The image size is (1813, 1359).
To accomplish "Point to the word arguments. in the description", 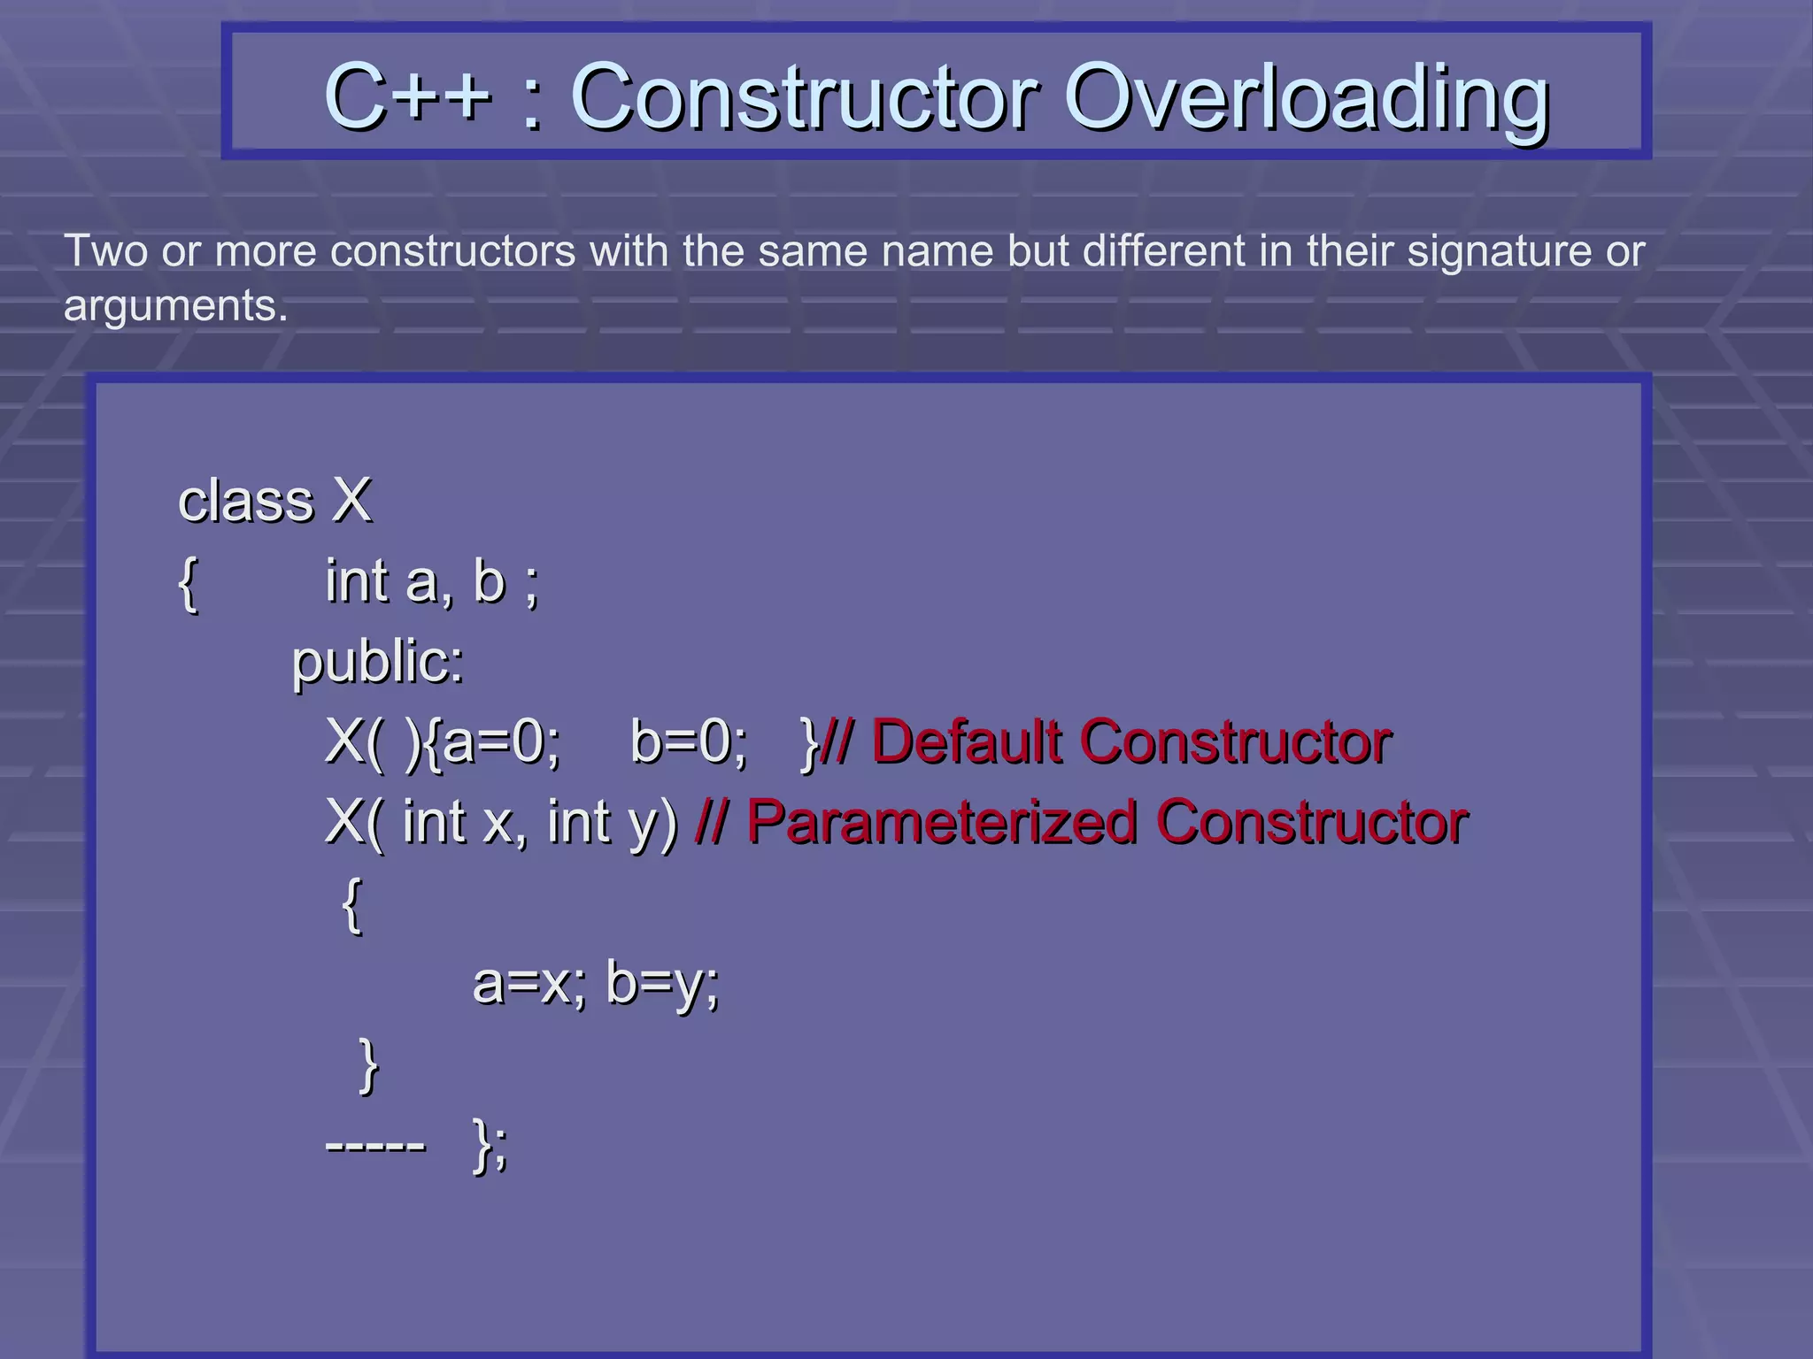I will [x=175, y=306].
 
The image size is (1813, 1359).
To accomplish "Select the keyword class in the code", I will [x=246, y=501].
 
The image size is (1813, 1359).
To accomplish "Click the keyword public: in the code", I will [x=378, y=662].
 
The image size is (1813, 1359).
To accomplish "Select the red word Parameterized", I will [x=942, y=822].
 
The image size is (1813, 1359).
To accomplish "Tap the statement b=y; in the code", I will [x=662, y=983].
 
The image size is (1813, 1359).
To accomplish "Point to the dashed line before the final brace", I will [x=376, y=1146].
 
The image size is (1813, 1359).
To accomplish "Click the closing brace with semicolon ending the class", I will [x=490, y=1146].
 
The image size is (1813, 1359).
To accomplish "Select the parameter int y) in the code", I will [x=612, y=822].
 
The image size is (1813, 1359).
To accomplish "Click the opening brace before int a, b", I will [x=188, y=584].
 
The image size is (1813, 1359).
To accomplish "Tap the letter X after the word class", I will [x=351, y=501].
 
